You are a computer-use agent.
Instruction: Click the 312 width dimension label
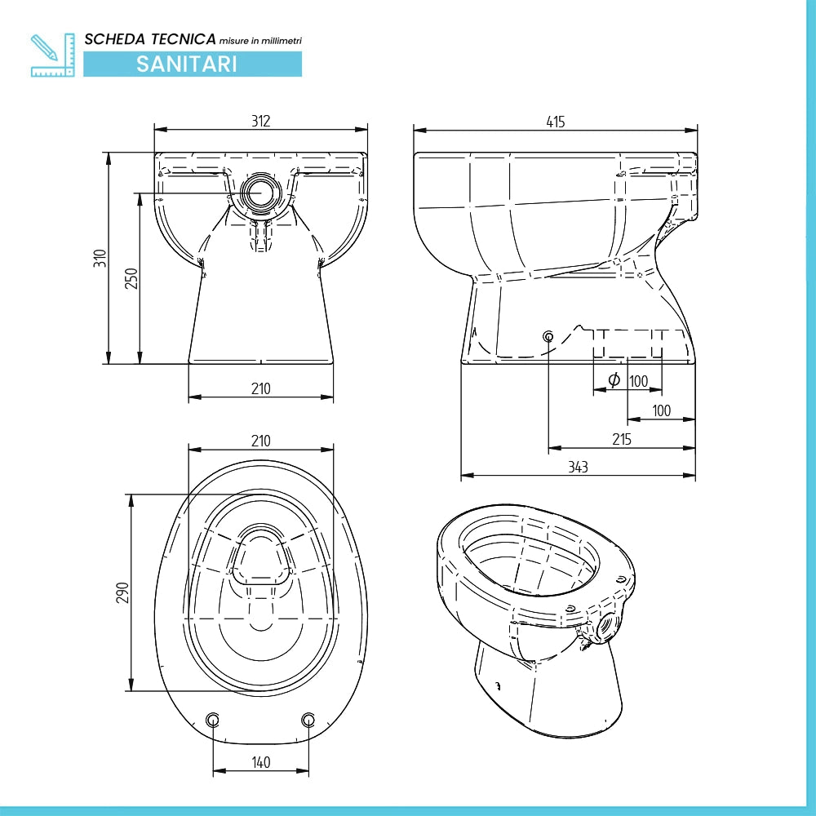pyautogui.click(x=261, y=121)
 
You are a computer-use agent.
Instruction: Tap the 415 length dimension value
pyautogui.click(x=555, y=122)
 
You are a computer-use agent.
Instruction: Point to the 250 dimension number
pyautogui.click(x=131, y=278)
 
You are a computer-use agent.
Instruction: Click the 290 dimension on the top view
pyautogui.click(x=122, y=592)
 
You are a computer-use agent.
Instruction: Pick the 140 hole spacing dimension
pyautogui.click(x=261, y=762)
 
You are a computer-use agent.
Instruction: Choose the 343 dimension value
pyautogui.click(x=578, y=467)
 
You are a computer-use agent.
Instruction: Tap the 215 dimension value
pyautogui.click(x=621, y=439)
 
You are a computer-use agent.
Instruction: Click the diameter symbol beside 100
pyautogui.click(x=614, y=380)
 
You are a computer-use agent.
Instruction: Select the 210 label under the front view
pyautogui.click(x=261, y=388)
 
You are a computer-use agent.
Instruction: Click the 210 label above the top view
pyautogui.click(x=261, y=441)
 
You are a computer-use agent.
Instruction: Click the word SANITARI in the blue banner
pyautogui.click(x=186, y=64)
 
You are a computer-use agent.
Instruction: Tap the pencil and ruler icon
pyautogui.click(x=52, y=55)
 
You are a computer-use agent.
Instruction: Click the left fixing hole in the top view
pyautogui.click(x=213, y=720)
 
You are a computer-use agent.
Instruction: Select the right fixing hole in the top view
pyautogui.click(x=308, y=720)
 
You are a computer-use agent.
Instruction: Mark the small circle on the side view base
pyautogui.click(x=548, y=336)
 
